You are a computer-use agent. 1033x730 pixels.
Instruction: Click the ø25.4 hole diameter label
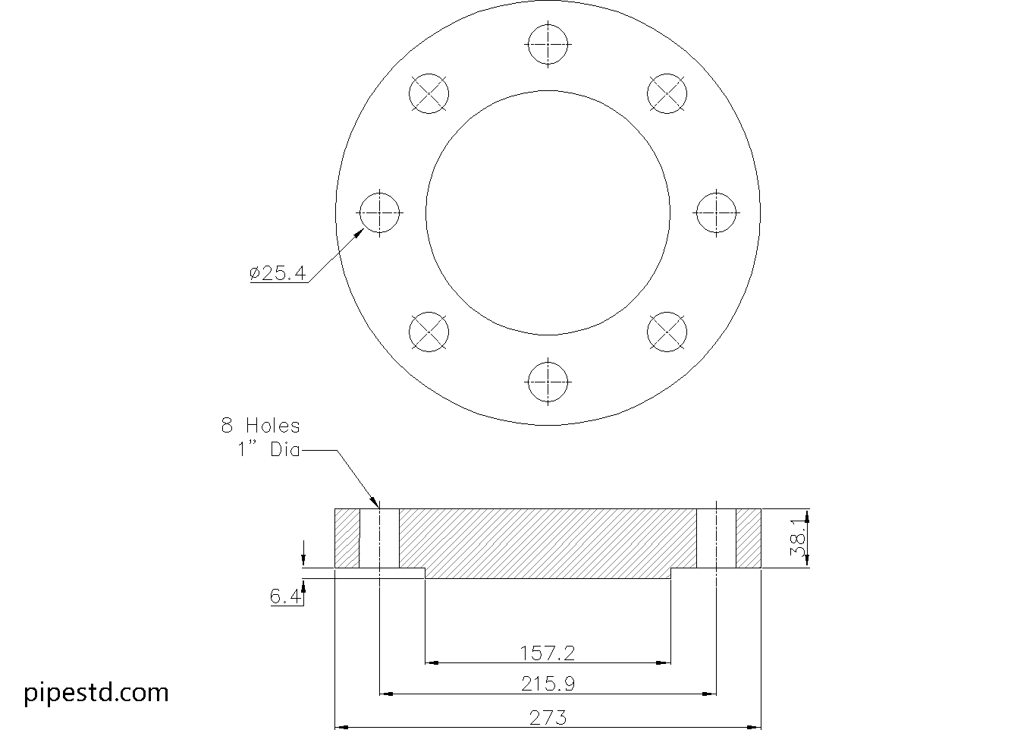point(278,273)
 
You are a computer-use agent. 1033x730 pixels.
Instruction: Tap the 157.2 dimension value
point(548,653)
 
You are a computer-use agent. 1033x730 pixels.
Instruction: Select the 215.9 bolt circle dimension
point(548,684)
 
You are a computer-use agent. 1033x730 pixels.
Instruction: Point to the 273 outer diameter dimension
point(548,718)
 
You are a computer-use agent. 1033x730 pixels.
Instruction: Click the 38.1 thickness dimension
point(799,537)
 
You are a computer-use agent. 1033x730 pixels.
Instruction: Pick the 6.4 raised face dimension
point(284,596)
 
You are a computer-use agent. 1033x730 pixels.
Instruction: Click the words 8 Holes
point(261,426)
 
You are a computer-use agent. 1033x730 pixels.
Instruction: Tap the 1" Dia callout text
point(268,449)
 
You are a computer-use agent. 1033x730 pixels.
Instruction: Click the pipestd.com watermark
point(96,693)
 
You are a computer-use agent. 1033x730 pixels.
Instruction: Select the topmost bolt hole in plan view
point(548,44)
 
